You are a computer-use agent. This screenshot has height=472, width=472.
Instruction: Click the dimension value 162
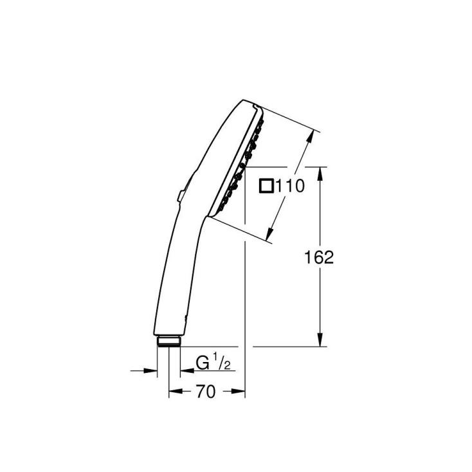(x=319, y=258)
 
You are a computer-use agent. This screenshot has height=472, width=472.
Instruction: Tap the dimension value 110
(x=290, y=186)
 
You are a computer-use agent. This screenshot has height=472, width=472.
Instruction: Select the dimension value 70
(x=206, y=392)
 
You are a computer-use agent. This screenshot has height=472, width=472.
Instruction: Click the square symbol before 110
(x=266, y=186)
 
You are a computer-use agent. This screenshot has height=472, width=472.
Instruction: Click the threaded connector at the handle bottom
(x=168, y=342)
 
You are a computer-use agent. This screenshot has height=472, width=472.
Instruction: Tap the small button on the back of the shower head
(x=181, y=196)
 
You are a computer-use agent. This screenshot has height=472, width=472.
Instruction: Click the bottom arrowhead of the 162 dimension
(x=320, y=340)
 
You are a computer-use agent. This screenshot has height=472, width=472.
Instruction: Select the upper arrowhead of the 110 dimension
(x=310, y=137)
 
